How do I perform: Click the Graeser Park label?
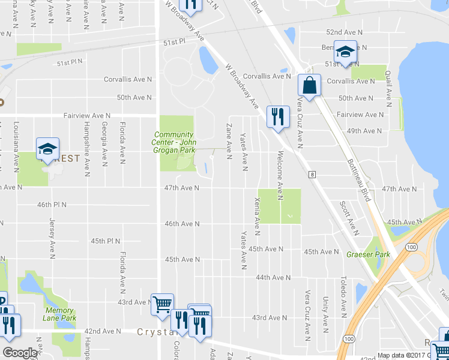click(x=368, y=254)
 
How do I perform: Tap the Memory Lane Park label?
click(x=60, y=314)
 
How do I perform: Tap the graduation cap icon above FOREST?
click(x=47, y=148)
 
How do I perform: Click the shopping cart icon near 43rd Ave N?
click(x=161, y=304)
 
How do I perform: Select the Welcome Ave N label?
click(x=280, y=175)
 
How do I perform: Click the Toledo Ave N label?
click(x=343, y=297)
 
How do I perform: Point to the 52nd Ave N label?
click(x=342, y=32)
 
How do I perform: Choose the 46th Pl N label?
click(x=52, y=205)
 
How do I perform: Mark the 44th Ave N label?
click(x=273, y=278)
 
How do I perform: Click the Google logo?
click(x=20, y=353)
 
